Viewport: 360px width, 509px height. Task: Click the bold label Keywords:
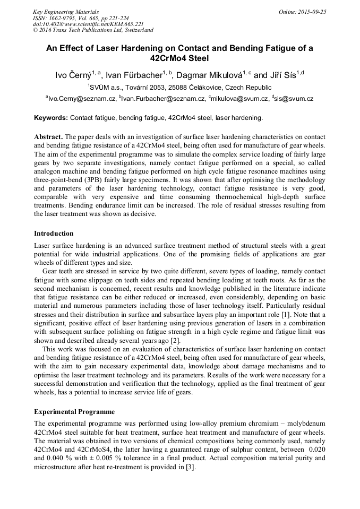click(x=51, y=118)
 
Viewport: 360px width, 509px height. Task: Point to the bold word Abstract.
click(x=48, y=137)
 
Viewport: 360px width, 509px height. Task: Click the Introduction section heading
click(x=54, y=234)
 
